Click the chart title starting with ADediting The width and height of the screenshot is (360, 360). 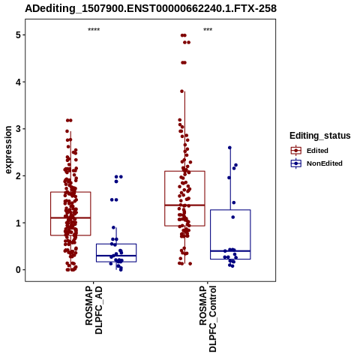151,8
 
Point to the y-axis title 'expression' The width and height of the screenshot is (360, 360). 8,150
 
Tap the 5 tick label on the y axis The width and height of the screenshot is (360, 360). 18,35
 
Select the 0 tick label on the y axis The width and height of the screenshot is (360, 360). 18,270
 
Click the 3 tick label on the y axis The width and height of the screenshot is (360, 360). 18,129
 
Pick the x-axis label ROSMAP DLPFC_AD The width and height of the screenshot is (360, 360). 94,310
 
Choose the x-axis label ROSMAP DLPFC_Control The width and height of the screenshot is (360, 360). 208,319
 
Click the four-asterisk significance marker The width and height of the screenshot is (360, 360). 94,29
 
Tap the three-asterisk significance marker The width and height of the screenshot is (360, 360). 208,29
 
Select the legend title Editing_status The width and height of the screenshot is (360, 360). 320,136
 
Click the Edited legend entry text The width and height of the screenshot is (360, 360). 317,151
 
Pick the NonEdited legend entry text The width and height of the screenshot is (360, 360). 325,163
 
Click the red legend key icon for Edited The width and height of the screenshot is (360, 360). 296,151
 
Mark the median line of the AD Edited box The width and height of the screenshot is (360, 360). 70,217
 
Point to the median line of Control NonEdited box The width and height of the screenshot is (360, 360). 230,250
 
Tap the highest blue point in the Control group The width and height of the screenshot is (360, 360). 229,148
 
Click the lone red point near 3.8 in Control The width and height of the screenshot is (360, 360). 182,91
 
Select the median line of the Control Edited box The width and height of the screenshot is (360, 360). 184,205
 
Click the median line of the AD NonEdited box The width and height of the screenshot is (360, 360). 116,256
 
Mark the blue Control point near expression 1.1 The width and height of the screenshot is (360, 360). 233,217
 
